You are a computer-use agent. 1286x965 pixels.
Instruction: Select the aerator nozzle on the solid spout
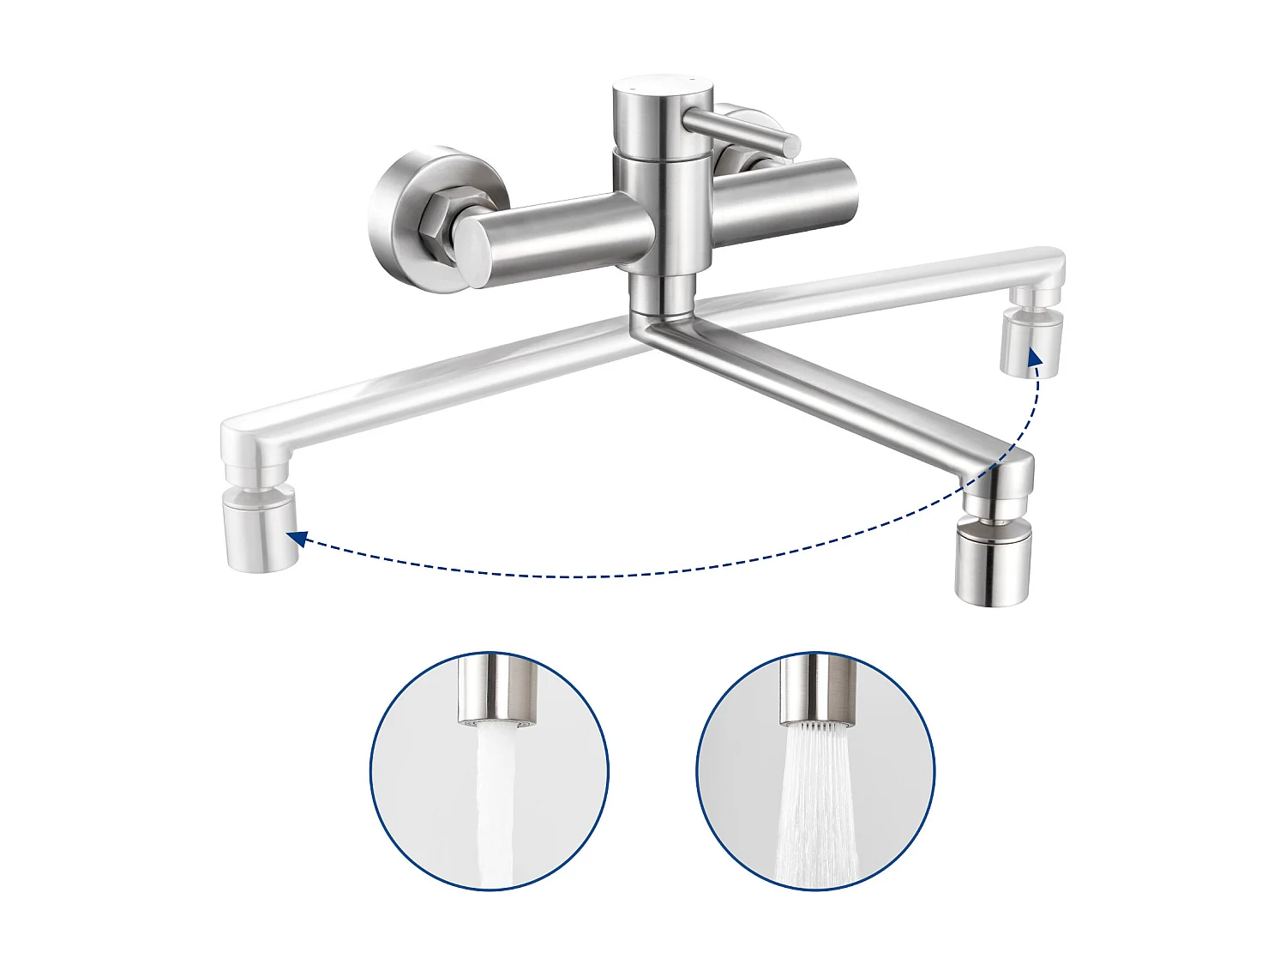(993, 562)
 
